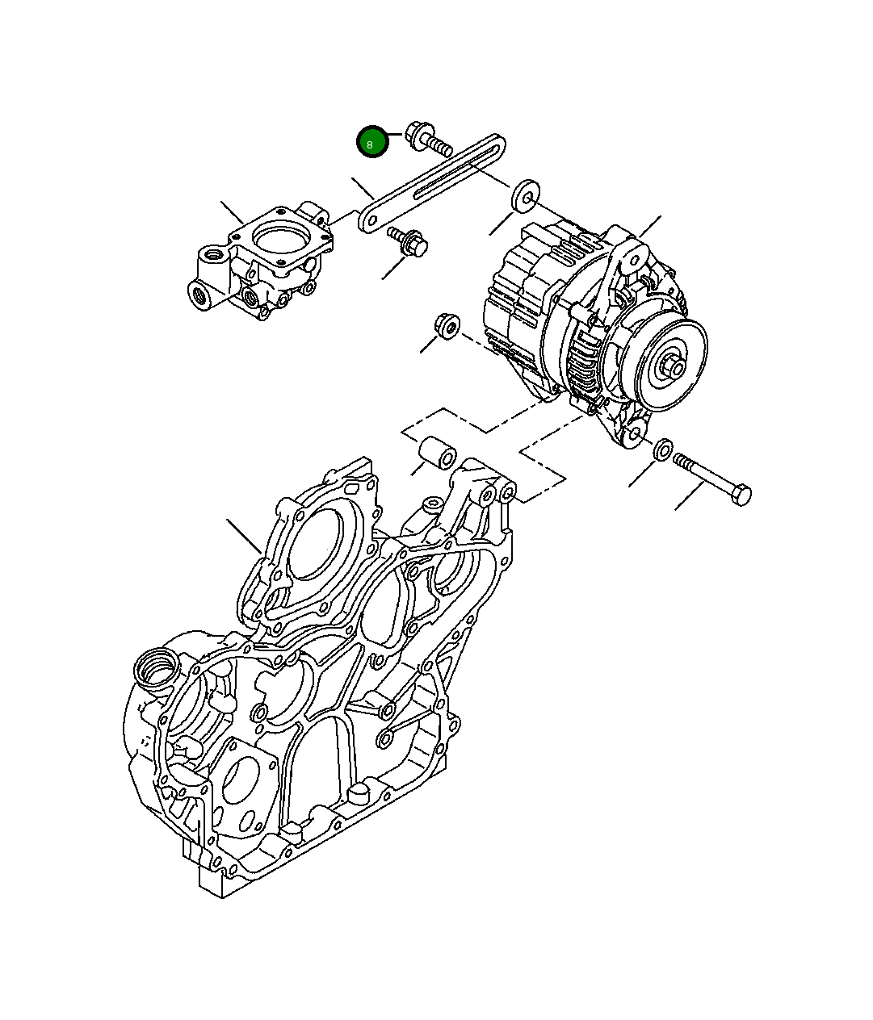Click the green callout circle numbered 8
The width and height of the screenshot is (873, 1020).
371,142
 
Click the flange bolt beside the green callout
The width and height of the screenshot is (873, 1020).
428,139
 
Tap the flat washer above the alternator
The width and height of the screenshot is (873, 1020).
526,195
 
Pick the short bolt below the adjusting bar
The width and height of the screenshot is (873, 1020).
408,241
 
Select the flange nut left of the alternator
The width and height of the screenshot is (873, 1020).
447,326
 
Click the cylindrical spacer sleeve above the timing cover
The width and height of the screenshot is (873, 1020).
438,452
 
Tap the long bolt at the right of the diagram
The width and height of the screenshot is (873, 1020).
712,479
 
